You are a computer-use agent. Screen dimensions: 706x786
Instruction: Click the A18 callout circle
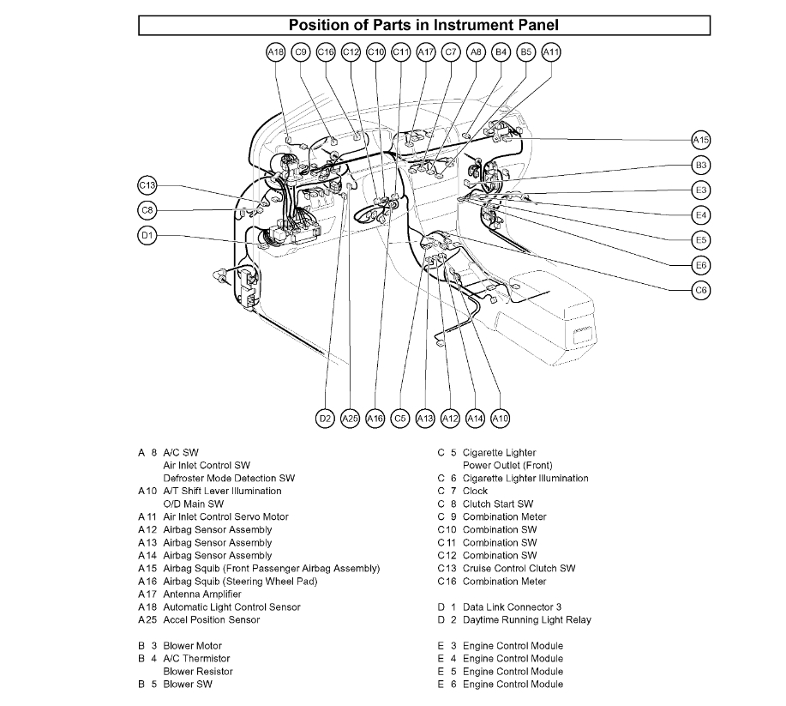tap(275, 52)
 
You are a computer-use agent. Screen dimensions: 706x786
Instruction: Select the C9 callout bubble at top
tap(300, 52)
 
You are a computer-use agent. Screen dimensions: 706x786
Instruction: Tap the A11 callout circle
tap(552, 52)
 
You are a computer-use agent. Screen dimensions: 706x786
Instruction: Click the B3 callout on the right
tap(701, 165)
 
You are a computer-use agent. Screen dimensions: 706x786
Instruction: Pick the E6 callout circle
tap(701, 264)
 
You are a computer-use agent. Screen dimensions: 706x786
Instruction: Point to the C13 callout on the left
tap(147, 185)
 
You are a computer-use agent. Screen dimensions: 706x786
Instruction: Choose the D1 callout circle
tap(147, 235)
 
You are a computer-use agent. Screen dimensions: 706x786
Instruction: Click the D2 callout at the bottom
tap(325, 419)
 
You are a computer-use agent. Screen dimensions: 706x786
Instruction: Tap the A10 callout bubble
tap(501, 419)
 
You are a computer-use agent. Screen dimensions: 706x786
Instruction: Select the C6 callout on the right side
tap(701, 290)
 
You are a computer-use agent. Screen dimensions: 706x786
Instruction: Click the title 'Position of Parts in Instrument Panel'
tap(424, 26)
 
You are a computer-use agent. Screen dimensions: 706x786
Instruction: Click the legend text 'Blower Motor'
tap(192, 646)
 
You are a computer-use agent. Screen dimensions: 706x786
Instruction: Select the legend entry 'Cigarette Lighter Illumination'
tap(525, 478)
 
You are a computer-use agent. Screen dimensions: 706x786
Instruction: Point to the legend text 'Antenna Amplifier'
tap(202, 594)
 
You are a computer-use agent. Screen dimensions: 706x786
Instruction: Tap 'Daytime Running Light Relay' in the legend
tap(526, 619)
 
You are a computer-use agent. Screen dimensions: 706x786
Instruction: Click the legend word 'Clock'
tap(475, 492)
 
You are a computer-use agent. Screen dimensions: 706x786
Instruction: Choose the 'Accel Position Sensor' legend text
tap(211, 619)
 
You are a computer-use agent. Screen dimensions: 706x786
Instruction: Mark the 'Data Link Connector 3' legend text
tap(512, 606)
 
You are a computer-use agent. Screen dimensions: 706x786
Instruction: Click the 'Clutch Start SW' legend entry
tap(497, 504)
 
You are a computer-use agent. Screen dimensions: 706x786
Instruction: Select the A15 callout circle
tap(701, 140)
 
